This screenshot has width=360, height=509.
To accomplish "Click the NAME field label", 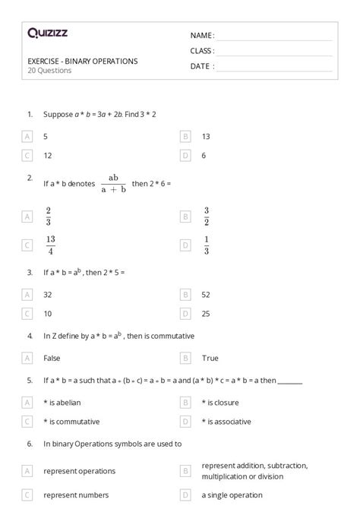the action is point(202,35).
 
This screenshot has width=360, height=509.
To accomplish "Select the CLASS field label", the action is point(202,51).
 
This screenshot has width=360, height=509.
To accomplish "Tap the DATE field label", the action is point(201,66).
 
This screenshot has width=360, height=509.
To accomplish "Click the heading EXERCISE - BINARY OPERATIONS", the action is point(82,61).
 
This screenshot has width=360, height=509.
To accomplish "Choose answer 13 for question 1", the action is point(206,136).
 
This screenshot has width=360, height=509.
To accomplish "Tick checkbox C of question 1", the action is point(27,155).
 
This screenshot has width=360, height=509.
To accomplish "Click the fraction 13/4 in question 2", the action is point(50,245).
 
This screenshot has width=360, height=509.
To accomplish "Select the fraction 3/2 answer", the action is point(206,216).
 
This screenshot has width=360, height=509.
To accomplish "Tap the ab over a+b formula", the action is point(114,183).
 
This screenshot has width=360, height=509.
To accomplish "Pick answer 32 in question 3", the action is point(48,294).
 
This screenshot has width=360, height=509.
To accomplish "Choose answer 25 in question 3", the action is point(206,312).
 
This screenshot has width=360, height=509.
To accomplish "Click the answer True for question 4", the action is point(210,357).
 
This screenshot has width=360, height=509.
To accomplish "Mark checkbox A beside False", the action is point(27,357).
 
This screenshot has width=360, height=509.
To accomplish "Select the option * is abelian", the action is point(67,402).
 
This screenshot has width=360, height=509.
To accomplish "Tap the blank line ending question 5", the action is point(291,381).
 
